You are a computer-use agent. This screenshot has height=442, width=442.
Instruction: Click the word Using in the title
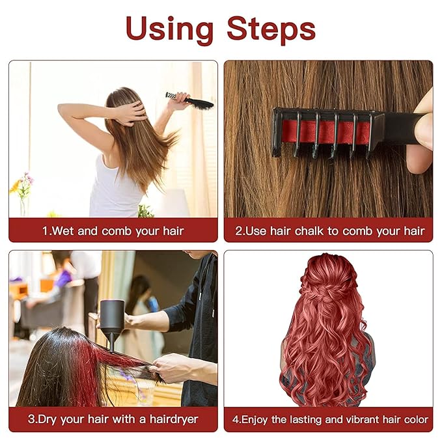pyautogui.click(x=170, y=29)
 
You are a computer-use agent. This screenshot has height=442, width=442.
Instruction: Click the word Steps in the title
pyautogui.click(x=271, y=29)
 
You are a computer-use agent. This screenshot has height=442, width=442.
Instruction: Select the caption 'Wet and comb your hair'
pyautogui.click(x=118, y=231)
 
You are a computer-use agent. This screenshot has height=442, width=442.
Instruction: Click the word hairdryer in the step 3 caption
pyautogui.click(x=171, y=419)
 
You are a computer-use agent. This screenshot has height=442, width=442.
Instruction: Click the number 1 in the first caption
pyautogui.click(x=46, y=231)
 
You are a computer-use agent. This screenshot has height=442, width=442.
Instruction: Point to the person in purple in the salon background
pyautogui.click(x=64, y=279)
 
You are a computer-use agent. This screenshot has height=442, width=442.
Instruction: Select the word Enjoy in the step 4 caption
pyautogui.click(x=253, y=419)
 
